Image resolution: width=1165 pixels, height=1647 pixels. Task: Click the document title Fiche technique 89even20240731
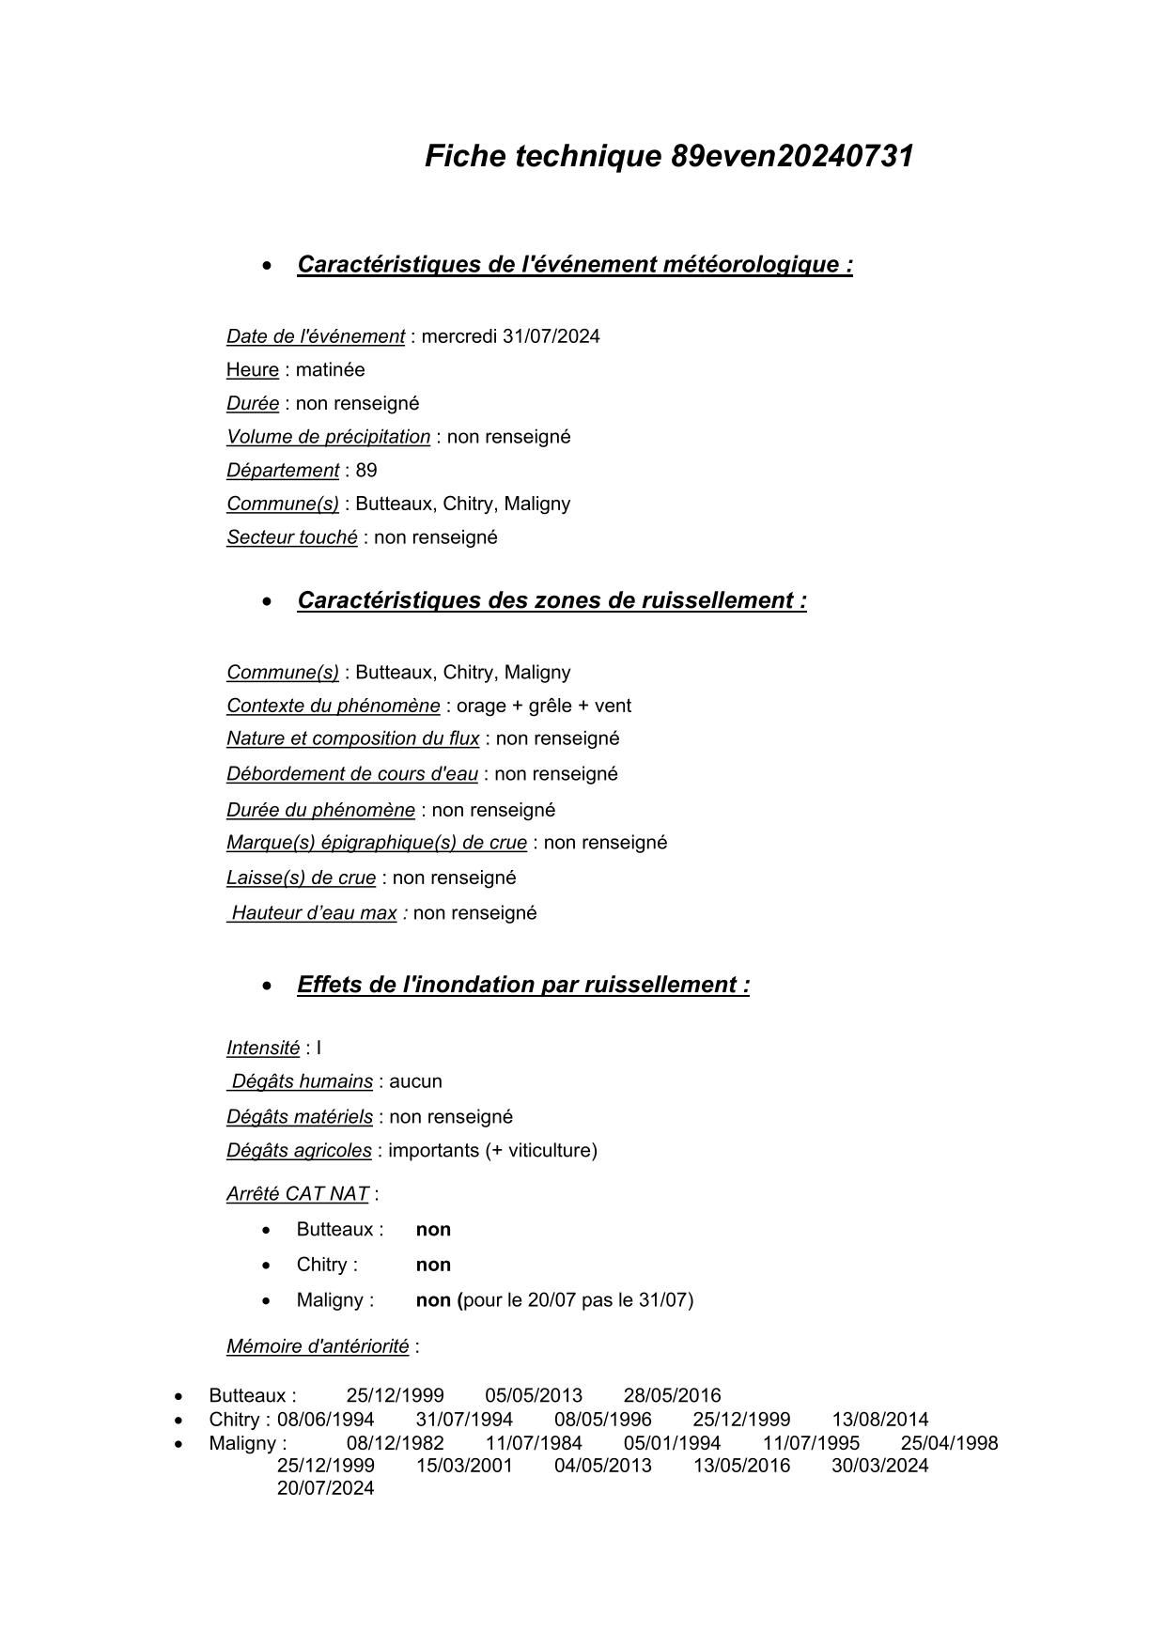(669, 156)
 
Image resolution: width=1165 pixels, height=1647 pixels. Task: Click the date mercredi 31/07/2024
(510, 336)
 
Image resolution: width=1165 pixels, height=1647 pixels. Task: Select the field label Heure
(253, 370)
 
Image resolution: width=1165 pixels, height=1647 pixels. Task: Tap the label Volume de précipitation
(328, 437)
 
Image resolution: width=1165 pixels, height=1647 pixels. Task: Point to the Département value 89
(366, 471)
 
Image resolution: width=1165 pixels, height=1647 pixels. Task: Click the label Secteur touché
(292, 537)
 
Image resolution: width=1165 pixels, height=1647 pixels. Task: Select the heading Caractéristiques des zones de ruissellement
(551, 600)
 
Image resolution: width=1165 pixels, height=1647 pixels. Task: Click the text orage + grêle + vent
(544, 706)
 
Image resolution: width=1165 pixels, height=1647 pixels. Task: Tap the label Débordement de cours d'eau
(352, 774)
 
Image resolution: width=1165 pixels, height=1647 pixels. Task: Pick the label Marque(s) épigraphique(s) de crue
(377, 843)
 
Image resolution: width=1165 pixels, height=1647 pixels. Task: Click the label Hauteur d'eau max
(314, 913)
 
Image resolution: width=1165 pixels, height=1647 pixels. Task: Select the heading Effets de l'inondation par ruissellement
(523, 985)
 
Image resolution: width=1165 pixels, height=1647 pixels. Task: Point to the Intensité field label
(263, 1049)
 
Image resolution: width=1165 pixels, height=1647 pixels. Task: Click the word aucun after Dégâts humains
(415, 1081)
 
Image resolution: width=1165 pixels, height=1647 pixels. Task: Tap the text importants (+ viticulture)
(492, 1151)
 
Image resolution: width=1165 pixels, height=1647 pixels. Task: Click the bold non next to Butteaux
(433, 1230)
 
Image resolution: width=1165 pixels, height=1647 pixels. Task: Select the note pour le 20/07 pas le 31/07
(578, 1300)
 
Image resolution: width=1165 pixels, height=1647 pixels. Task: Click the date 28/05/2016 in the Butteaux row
(672, 1396)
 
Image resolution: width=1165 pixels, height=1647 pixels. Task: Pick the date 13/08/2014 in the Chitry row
(879, 1420)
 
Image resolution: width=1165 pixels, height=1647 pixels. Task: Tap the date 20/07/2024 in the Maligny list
(325, 1488)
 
